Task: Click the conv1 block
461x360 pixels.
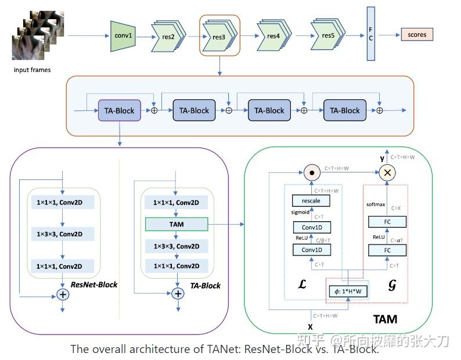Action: point(123,35)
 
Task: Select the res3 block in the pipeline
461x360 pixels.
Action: point(219,37)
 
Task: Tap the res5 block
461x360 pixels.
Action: point(328,35)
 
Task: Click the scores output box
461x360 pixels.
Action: point(416,35)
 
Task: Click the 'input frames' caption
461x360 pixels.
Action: point(32,70)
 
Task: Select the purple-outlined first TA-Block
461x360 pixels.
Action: point(120,110)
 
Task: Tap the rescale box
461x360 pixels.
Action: point(311,201)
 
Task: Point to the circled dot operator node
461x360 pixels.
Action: point(312,172)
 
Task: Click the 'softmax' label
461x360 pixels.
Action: point(376,205)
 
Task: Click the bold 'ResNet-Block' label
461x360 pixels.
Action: point(93,285)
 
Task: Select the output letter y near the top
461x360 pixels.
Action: point(382,158)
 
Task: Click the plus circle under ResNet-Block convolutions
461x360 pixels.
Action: point(62,294)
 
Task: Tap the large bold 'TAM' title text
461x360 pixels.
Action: point(384,319)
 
